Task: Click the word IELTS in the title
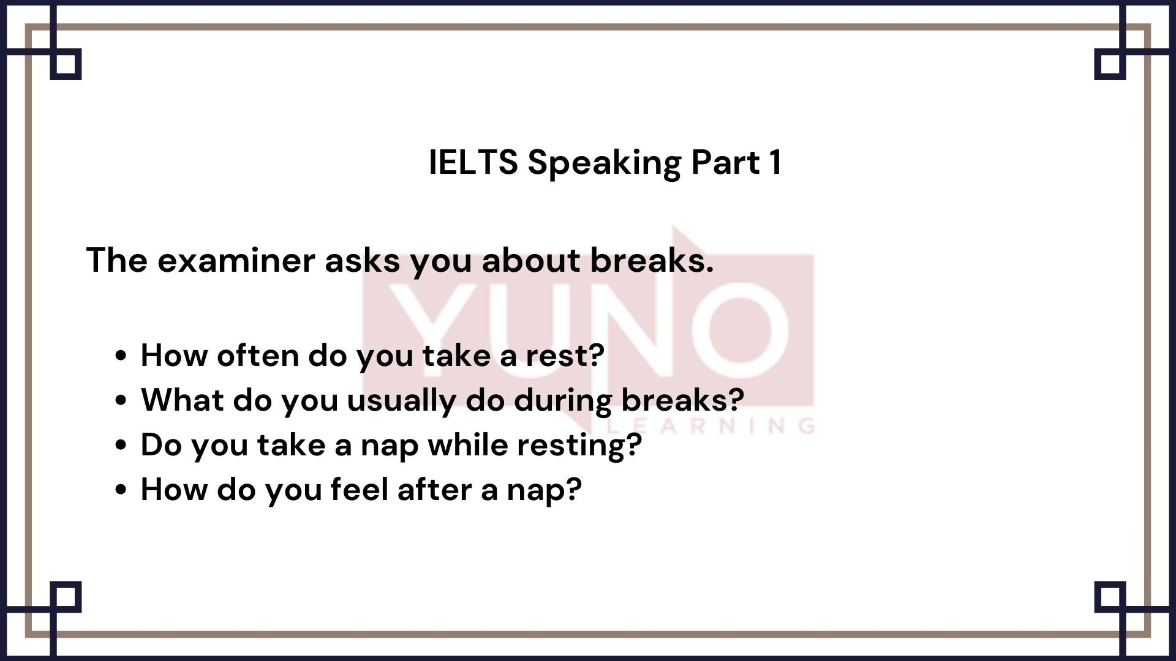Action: click(473, 163)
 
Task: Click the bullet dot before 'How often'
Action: click(121, 356)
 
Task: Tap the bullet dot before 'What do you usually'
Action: click(121, 400)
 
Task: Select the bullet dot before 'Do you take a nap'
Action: click(121, 445)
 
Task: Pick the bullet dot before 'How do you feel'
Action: click(121, 490)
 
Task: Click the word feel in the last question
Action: click(360, 489)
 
